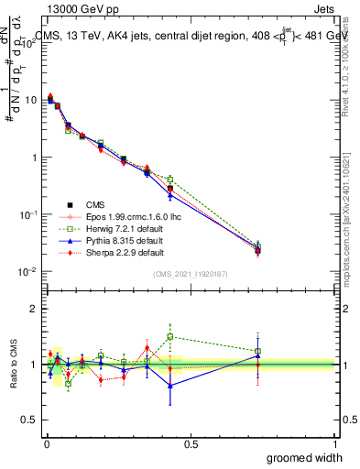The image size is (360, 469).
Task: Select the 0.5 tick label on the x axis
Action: [191, 443]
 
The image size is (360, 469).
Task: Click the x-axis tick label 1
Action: [334, 443]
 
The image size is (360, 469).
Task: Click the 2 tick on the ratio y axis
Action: [35, 309]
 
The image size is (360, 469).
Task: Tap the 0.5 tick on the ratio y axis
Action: [30, 420]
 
